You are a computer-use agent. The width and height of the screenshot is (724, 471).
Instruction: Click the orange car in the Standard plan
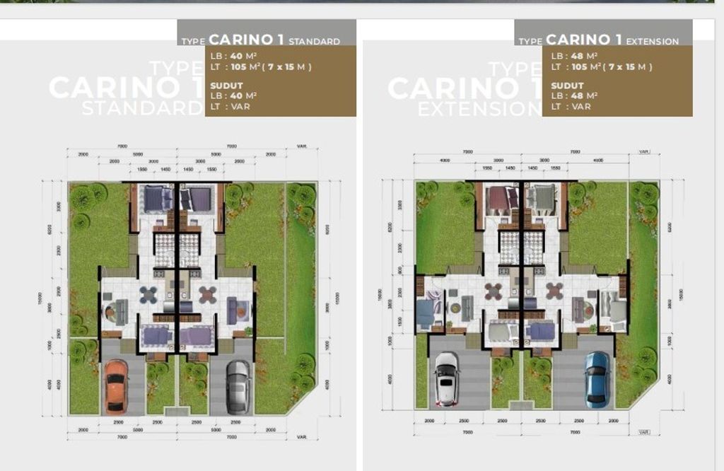click(116, 385)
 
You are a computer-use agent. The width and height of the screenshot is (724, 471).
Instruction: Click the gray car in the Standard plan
click(238, 386)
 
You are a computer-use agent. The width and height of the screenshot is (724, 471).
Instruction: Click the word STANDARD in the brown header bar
click(314, 41)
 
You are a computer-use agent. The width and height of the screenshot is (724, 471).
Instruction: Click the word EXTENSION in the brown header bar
click(651, 41)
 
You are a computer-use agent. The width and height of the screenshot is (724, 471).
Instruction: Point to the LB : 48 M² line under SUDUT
click(574, 95)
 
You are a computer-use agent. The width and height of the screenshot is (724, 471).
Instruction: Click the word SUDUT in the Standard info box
click(225, 85)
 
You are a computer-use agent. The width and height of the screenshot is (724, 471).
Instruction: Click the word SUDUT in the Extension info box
click(565, 85)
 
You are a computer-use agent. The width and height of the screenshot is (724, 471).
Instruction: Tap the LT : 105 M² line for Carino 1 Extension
click(601, 67)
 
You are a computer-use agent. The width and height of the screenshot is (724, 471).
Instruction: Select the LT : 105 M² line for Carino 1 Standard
click(261, 67)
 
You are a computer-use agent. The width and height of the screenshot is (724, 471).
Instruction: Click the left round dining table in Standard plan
click(148, 294)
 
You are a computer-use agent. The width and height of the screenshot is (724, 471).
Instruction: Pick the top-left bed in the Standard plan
click(154, 198)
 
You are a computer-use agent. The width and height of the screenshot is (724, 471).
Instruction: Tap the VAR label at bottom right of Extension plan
click(643, 431)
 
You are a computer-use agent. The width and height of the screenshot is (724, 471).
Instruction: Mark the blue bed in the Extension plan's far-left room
click(426, 312)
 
